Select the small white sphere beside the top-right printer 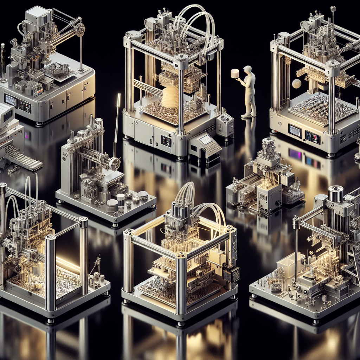coord(297,84)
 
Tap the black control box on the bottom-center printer coord(231,273)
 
